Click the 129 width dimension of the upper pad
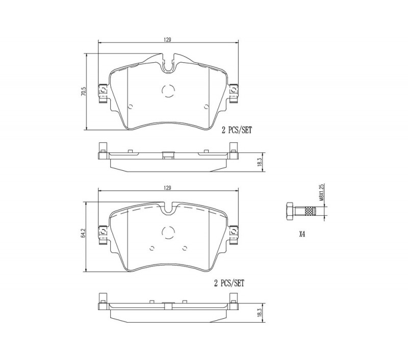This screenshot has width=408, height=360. [167, 40]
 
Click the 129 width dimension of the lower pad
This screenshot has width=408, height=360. [167, 188]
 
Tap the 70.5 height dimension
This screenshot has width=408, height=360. [83, 92]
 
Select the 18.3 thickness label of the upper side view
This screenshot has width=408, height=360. [259, 162]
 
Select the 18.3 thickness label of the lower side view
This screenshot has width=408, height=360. [259, 313]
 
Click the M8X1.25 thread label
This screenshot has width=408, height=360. [321, 192]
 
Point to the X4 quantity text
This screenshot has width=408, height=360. [301, 235]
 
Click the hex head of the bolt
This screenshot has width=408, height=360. [290, 211]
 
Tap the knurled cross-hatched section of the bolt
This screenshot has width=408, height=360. [309, 211]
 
